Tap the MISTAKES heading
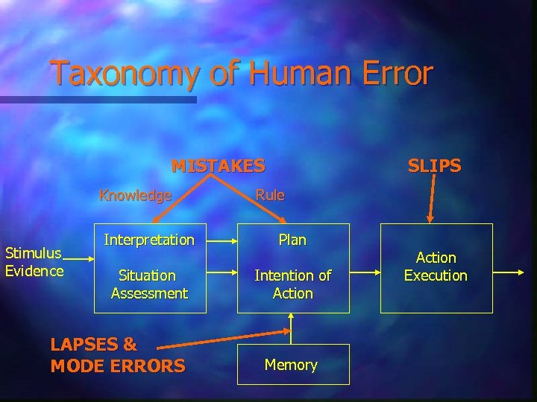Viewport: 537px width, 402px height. [x=218, y=165]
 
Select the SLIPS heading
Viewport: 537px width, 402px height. [x=434, y=165]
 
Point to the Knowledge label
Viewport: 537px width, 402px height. [x=136, y=196]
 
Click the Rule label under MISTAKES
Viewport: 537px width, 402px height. [x=270, y=195]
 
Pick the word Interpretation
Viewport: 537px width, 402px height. [x=149, y=240]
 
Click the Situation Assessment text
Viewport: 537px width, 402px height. [x=149, y=284]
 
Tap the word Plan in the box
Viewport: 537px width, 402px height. [x=292, y=240]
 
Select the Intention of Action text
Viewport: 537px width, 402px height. [x=292, y=284]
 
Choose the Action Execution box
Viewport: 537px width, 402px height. [x=436, y=267]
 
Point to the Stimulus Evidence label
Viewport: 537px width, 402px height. [x=34, y=262]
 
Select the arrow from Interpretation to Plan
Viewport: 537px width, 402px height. [x=216, y=240]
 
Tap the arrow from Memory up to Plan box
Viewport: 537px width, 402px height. [x=293, y=328]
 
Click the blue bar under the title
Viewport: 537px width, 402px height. [x=97, y=99]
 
